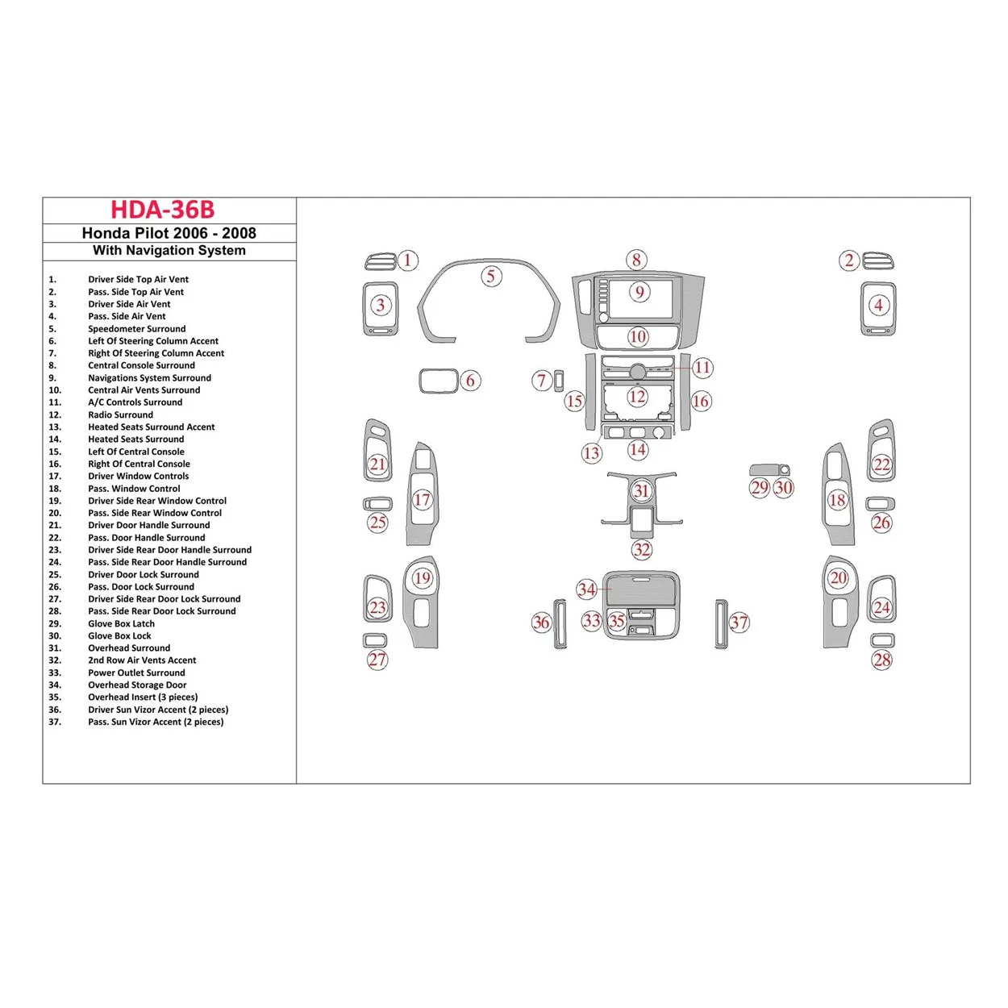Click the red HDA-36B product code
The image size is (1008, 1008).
pyautogui.click(x=162, y=210)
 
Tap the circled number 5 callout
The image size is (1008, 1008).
pyautogui.click(x=490, y=277)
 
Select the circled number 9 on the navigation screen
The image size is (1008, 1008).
pyautogui.click(x=639, y=292)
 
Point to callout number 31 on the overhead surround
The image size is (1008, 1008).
pyautogui.click(x=641, y=491)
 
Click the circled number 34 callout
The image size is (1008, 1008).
pyautogui.click(x=586, y=589)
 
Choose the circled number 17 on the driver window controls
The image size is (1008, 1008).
pyautogui.click(x=423, y=500)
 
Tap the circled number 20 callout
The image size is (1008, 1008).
pyautogui.click(x=839, y=577)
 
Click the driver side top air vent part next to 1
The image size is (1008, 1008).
pyautogui.click(x=380, y=261)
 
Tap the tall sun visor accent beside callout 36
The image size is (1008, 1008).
pyautogui.click(x=559, y=623)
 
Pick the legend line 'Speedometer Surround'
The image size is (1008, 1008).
pyautogui.click(x=136, y=329)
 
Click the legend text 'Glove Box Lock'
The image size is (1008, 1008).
pyautogui.click(x=119, y=636)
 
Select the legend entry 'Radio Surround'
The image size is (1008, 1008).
pyautogui.click(x=120, y=414)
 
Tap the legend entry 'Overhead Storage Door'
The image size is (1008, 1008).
pyautogui.click(x=137, y=685)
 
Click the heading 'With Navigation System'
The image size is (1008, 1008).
pyautogui.click(x=169, y=251)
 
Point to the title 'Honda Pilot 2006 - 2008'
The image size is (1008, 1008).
pyautogui.click(x=169, y=233)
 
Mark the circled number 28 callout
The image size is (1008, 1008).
pyautogui.click(x=882, y=660)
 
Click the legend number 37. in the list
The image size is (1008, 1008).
pyautogui.click(x=54, y=723)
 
